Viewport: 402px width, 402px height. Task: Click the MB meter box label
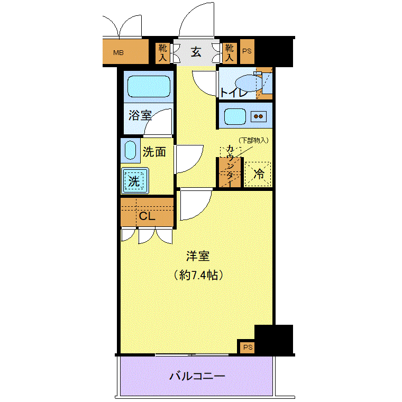click(118, 52)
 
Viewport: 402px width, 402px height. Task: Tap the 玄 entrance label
click(196, 52)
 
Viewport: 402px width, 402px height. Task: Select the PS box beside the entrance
click(247, 52)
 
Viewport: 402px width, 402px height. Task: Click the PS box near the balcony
click(248, 348)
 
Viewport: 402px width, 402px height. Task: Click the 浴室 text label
click(140, 116)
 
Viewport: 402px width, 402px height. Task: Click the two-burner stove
click(259, 116)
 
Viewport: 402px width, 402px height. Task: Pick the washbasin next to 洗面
click(130, 151)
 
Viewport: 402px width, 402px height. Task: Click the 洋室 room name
click(198, 257)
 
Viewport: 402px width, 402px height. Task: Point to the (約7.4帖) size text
click(198, 275)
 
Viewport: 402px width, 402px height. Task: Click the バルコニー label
click(197, 377)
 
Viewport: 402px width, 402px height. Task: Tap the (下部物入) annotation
click(253, 140)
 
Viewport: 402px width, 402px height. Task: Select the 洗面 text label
click(154, 152)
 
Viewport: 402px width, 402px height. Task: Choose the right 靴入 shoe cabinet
click(229, 52)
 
